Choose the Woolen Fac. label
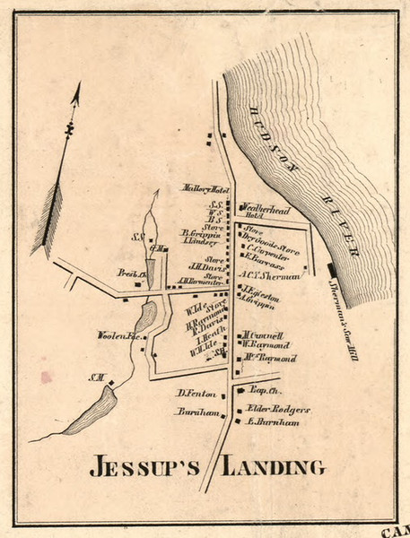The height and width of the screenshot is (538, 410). tap(115, 336)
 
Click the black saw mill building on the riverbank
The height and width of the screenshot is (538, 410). tap(332, 267)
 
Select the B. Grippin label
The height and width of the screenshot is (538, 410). tap(200, 232)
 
